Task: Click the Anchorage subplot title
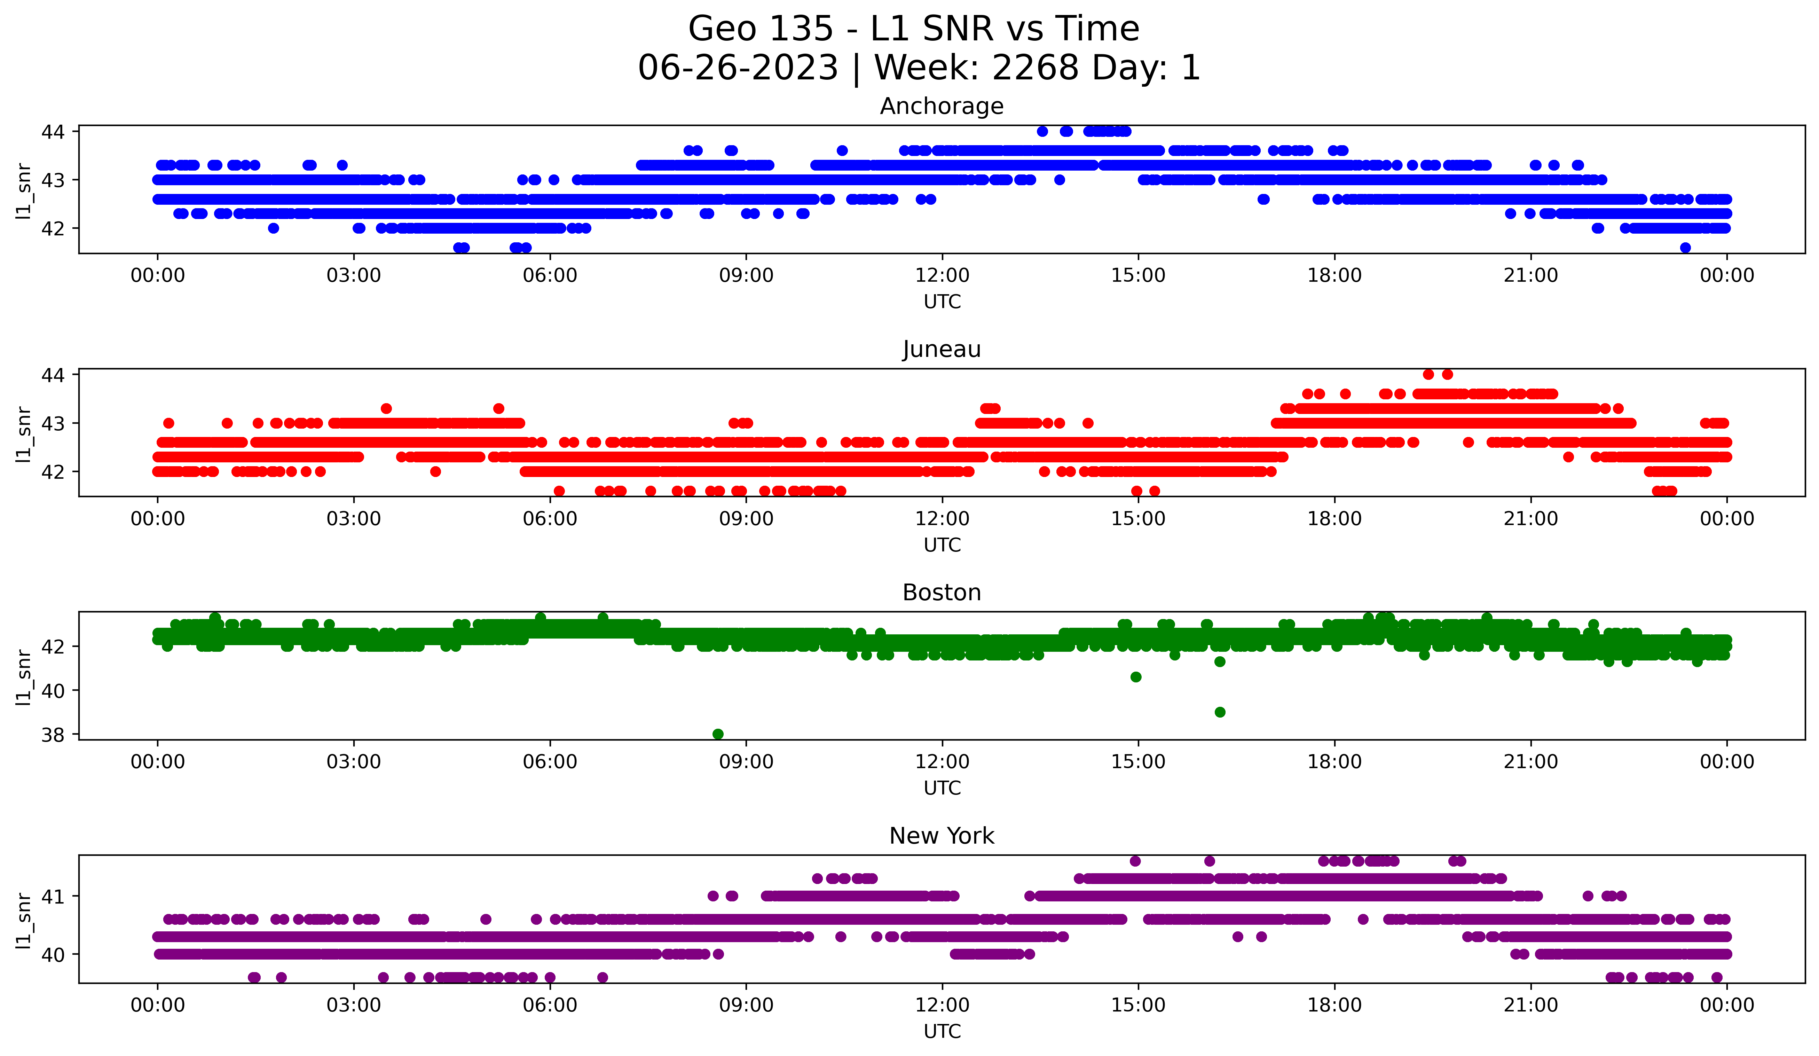(941, 106)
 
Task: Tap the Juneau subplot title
(941, 349)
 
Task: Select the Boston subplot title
(941, 593)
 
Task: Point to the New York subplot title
(941, 836)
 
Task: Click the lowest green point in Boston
(717, 734)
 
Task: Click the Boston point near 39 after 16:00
(1220, 712)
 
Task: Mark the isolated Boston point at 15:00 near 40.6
(1135, 677)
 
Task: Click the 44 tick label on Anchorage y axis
(53, 131)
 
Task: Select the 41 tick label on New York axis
(53, 897)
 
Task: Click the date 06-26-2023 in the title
(738, 68)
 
